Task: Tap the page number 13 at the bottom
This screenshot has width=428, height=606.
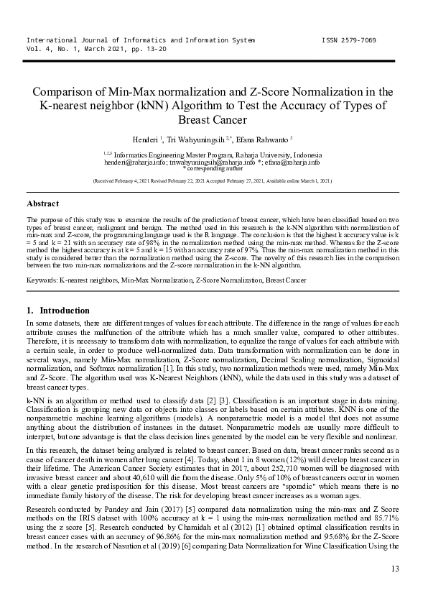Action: [394, 569]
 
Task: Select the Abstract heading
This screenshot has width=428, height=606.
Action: [42, 204]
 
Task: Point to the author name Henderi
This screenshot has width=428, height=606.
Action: [145, 139]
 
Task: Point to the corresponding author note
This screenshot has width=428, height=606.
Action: [213, 170]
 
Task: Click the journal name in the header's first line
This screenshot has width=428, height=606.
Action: [140, 40]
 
